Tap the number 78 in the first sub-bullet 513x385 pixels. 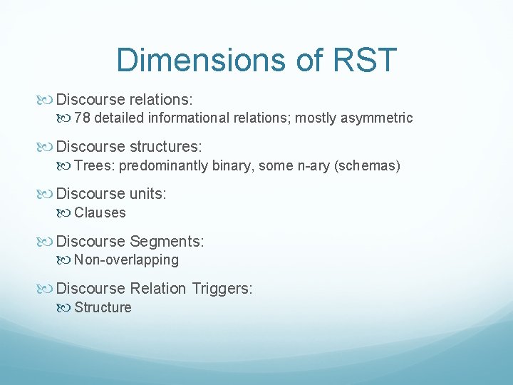pyautogui.click(x=82, y=118)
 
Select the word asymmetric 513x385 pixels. pyautogui.click(x=378, y=118)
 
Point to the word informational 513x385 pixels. pyautogui.click(x=187, y=118)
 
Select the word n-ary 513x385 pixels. pyautogui.click(x=302, y=166)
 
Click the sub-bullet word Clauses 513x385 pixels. pyautogui.click(x=100, y=212)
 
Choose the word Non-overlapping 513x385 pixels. pyautogui.click(x=126, y=260)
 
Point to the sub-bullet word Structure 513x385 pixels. pyautogui.click(x=103, y=308)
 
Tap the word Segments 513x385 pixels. pyautogui.click(x=167, y=242)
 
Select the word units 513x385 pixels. pyautogui.click(x=147, y=194)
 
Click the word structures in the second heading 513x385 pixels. pyautogui.click(x=166, y=147)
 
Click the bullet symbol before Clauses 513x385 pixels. pyautogui.click(x=66, y=212)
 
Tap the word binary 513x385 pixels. pyautogui.click(x=236, y=166)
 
